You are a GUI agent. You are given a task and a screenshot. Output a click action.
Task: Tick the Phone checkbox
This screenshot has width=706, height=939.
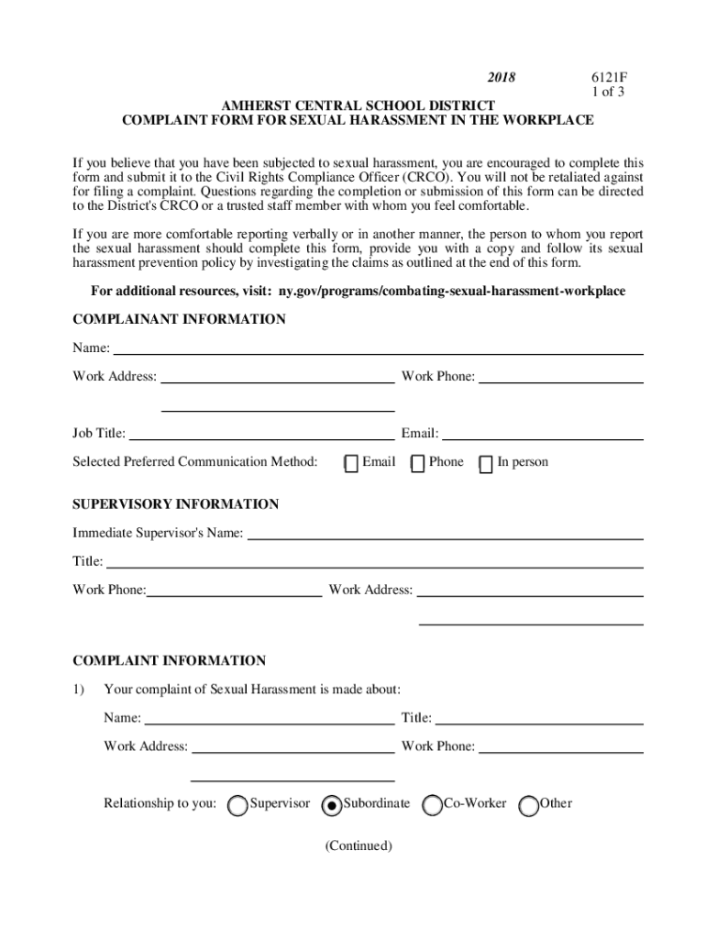[418, 463]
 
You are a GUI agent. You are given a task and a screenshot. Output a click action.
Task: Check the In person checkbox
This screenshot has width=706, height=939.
[487, 463]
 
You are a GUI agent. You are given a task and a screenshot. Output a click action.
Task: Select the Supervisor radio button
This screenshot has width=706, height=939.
[237, 805]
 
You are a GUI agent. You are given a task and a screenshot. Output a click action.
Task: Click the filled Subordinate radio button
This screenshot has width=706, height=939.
[331, 805]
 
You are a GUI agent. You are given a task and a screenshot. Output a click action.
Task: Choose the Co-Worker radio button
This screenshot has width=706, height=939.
[432, 805]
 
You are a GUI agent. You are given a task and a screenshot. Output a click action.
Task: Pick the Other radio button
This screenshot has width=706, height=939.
[528, 805]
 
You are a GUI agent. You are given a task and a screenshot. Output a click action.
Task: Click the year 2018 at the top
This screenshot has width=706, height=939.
[501, 78]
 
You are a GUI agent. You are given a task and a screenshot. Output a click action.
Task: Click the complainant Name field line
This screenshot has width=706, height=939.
[377, 349]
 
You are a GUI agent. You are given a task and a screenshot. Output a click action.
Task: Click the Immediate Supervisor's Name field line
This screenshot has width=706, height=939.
[446, 534]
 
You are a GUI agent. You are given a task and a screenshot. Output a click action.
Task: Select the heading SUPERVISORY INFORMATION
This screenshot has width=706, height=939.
[176, 504]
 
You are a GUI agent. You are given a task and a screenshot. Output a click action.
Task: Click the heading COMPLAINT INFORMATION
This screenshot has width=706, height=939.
[169, 660]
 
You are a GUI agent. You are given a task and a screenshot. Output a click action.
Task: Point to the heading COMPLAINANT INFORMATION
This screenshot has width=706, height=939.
[179, 319]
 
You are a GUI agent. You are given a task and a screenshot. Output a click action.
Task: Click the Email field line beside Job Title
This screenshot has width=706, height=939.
[543, 435]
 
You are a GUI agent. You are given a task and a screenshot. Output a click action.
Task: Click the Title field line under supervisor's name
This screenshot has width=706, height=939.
[375, 562]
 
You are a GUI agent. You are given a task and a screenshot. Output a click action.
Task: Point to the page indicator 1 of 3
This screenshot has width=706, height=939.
[606, 93]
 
